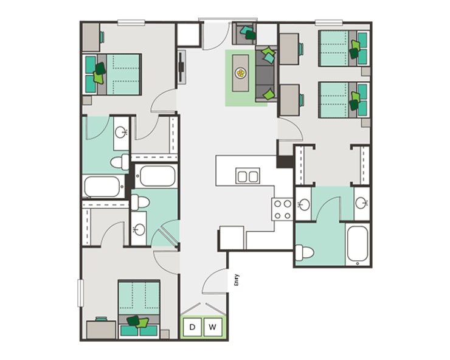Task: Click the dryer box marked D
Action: point(193,327)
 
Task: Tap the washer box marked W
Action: point(212,327)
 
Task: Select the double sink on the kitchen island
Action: point(247,176)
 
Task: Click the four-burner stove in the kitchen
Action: point(282,209)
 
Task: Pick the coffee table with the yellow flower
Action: point(241,74)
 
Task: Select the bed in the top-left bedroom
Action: point(115,73)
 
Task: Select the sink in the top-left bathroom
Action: point(121,132)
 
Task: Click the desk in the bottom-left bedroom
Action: point(101,329)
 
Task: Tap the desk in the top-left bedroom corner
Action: point(91,36)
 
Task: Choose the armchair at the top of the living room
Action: point(246,31)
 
